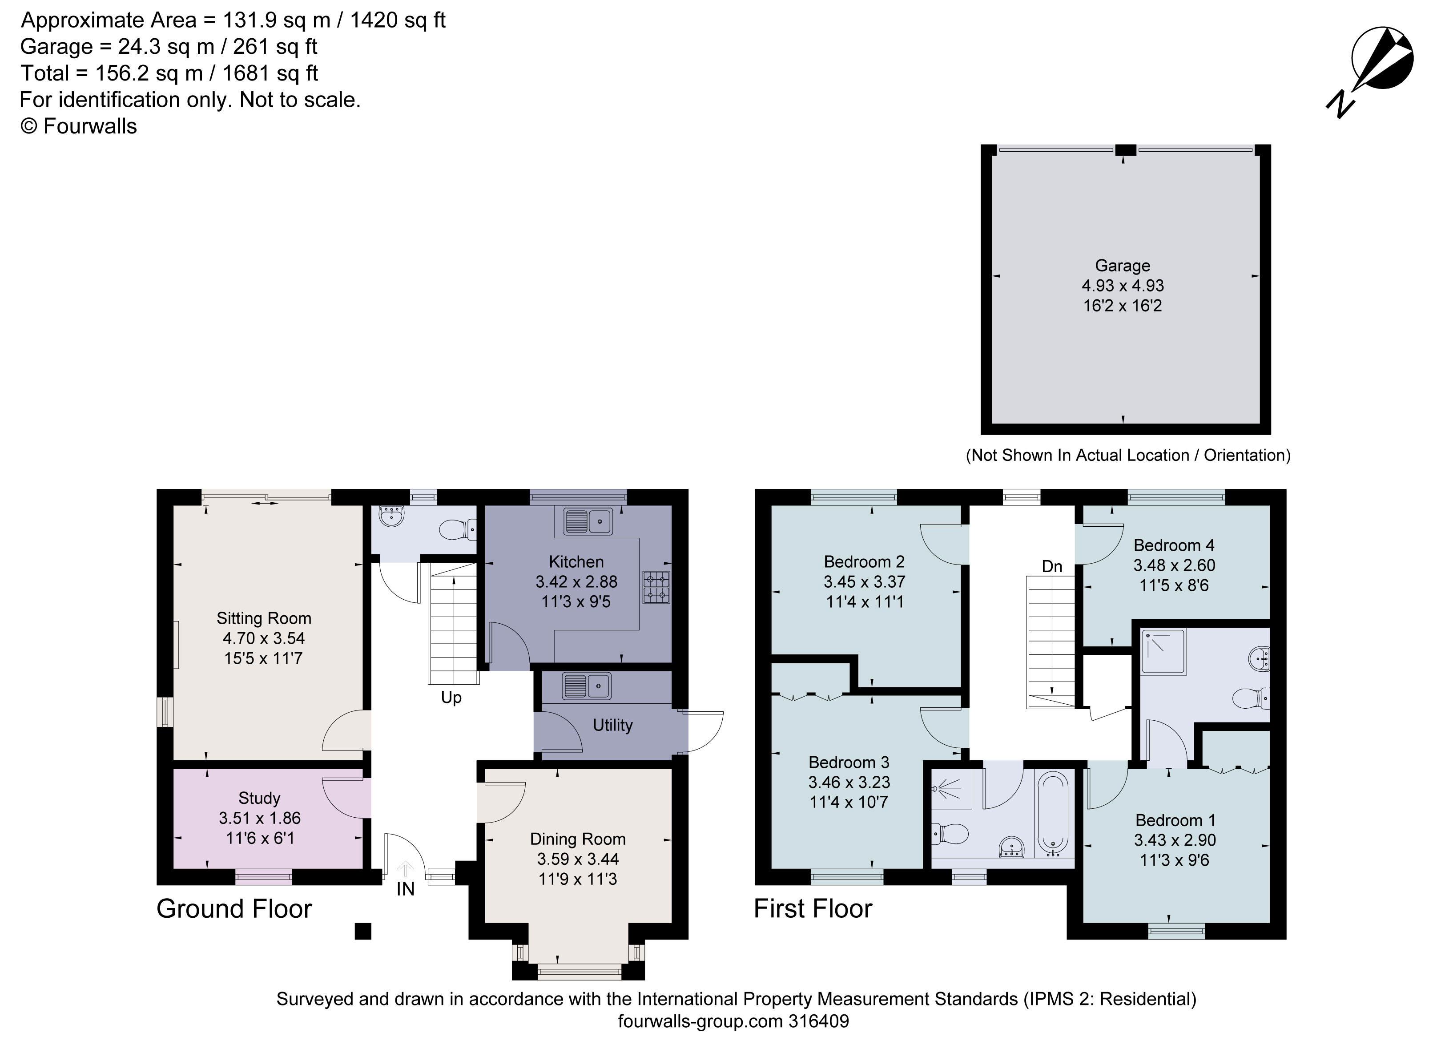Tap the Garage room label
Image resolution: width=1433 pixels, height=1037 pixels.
(1122, 266)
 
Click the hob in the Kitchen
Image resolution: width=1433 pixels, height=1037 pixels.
(656, 588)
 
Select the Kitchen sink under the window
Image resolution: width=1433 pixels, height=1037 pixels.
(588, 521)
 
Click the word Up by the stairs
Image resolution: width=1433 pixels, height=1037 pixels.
(451, 698)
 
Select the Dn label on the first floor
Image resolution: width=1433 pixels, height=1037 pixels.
(1052, 567)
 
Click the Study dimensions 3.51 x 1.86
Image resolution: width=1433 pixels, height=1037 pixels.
(260, 819)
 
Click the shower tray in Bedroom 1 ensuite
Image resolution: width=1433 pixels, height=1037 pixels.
(1163, 651)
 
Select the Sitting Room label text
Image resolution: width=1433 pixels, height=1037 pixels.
(263, 618)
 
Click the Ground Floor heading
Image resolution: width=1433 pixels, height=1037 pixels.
(234, 909)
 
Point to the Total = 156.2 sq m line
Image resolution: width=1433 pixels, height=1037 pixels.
(169, 73)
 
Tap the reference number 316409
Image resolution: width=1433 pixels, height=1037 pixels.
(818, 1021)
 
